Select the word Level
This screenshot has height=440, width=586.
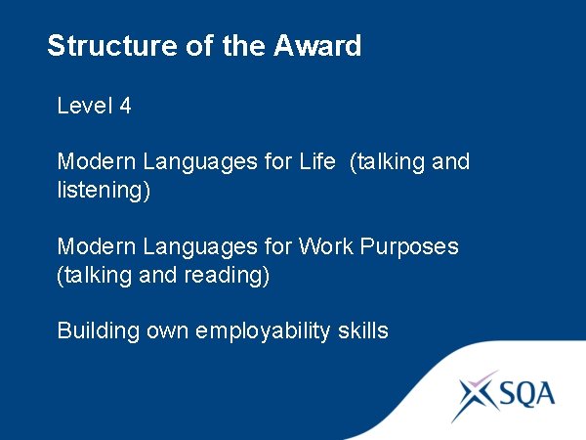(84, 106)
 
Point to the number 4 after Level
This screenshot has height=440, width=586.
(125, 106)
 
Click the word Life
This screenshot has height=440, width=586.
(317, 161)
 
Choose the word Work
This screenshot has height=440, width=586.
(329, 246)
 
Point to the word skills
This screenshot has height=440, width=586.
(363, 331)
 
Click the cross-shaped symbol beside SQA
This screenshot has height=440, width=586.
(476, 394)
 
